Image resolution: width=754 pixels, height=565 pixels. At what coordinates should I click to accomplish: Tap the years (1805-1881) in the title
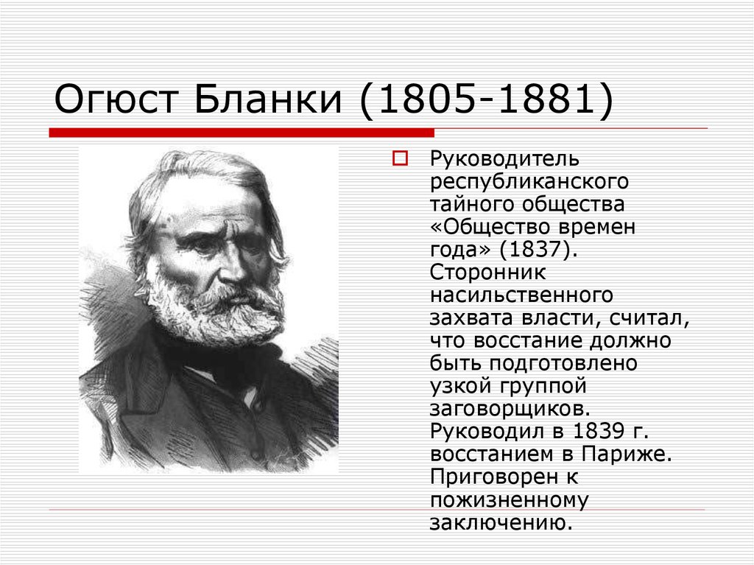coord(486,101)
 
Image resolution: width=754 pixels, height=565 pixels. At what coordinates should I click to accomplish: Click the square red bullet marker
coord(400,158)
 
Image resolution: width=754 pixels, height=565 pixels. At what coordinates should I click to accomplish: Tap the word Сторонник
coord(488,272)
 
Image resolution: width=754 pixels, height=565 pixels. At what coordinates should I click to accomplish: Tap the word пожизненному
coord(509,499)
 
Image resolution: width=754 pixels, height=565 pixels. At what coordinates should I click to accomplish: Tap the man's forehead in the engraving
coord(206,199)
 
